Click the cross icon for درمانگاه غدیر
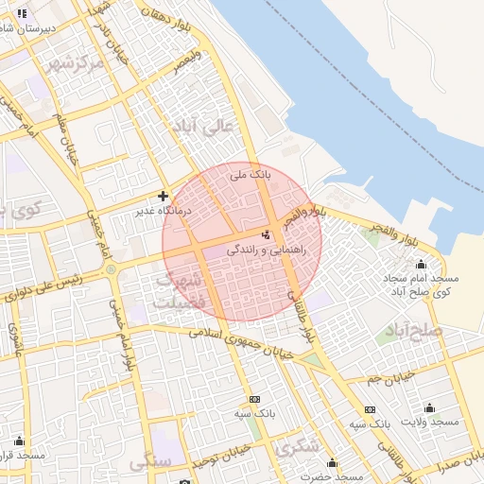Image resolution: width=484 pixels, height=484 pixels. tap(164, 196)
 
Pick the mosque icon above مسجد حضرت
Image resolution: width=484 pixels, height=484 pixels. tap(332, 462)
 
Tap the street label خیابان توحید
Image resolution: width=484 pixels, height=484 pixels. tap(220, 458)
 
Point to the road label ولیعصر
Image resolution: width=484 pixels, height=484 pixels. tap(186, 62)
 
